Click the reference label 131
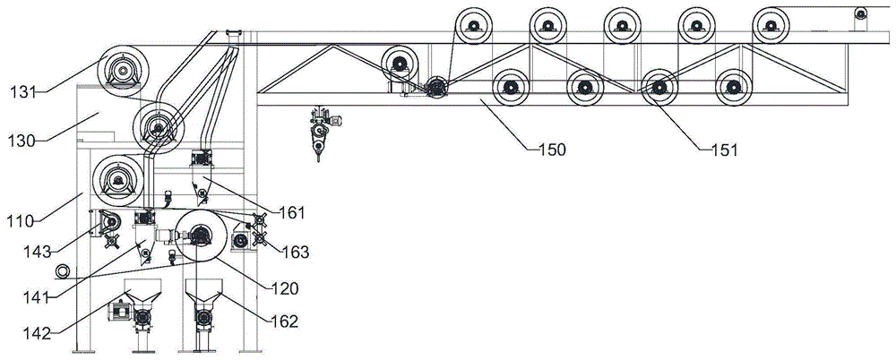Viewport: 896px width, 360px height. click(25, 91)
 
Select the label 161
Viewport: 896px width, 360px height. click(291, 213)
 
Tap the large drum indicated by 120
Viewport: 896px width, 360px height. click(199, 236)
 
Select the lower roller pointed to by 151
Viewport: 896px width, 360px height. click(659, 88)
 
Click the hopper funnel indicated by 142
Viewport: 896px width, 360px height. click(142, 292)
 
